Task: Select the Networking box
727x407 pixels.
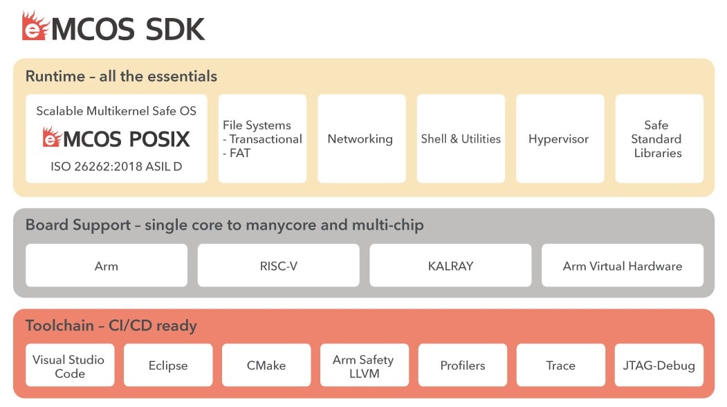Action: click(361, 139)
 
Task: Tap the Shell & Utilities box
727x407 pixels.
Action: click(461, 139)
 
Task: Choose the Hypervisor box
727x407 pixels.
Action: click(559, 139)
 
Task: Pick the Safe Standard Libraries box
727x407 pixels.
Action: click(659, 139)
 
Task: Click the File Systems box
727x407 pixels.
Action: click(262, 139)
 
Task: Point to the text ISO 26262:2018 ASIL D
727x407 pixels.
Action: click(116, 167)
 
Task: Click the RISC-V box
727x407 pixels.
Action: click(278, 266)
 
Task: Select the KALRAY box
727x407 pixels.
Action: click(450, 266)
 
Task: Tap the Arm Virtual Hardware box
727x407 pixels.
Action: click(622, 266)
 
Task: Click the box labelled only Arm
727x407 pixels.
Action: click(107, 266)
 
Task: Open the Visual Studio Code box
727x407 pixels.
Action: click(69, 365)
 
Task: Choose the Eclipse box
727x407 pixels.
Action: click(168, 365)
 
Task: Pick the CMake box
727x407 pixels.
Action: click(266, 365)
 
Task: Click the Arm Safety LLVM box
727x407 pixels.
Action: click(364, 365)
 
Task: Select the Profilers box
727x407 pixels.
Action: click(463, 365)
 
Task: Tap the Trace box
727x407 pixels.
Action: click(561, 365)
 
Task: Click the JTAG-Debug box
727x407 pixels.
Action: click(659, 365)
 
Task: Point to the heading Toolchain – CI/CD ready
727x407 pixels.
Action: click(111, 325)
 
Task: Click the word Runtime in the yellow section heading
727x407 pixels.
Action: click(55, 76)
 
